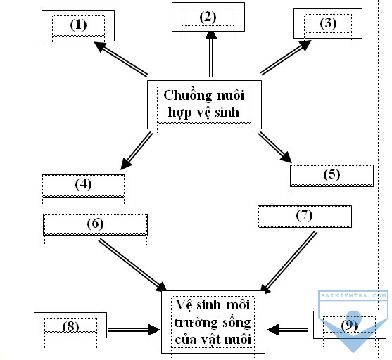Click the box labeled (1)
(x=78, y=26)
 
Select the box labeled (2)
(x=208, y=17)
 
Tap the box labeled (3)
(x=328, y=23)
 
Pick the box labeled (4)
(x=83, y=186)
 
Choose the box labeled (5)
(x=331, y=176)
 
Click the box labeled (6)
(x=95, y=224)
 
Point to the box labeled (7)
(x=305, y=217)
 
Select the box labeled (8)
(x=70, y=325)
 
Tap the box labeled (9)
(x=350, y=325)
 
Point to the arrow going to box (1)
(x=121, y=58)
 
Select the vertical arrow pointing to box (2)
(x=211, y=54)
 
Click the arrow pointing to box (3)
(x=286, y=57)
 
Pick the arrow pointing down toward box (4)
(x=137, y=151)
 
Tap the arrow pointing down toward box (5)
(x=275, y=148)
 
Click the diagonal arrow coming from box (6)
(x=133, y=265)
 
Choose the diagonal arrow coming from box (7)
(x=289, y=262)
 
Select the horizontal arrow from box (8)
(x=134, y=330)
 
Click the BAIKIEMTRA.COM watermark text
(x=353, y=295)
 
